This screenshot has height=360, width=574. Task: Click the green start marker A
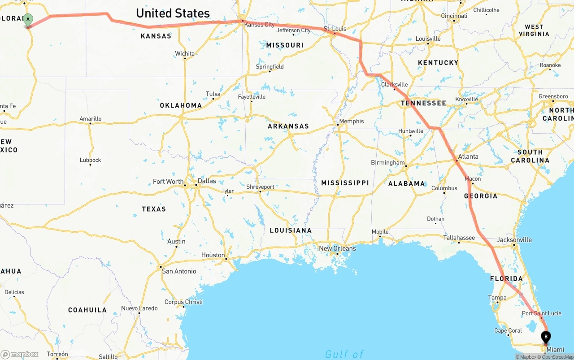point(28,20)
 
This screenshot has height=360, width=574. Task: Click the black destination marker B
point(546,337)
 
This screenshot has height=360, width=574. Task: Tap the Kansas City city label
point(259,25)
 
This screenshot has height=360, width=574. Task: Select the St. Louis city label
point(335,29)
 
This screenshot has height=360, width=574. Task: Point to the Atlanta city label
point(468,156)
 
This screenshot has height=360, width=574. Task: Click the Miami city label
point(555,349)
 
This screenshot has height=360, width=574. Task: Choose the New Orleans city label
point(337,248)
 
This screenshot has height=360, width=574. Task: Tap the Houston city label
point(213,255)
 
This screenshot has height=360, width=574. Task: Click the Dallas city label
point(207,181)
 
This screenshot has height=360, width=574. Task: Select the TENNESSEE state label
point(423,103)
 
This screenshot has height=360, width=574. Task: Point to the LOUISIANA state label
point(291,230)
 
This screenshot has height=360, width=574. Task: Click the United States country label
point(173,13)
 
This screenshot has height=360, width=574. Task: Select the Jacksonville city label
point(514,240)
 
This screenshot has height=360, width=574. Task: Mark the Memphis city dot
point(338,125)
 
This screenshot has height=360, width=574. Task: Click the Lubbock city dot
point(90,165)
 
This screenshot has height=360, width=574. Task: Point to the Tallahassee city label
point(459,238)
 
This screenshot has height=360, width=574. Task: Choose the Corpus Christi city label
point(183,302)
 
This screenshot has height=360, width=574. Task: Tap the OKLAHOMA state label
point(181,105)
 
